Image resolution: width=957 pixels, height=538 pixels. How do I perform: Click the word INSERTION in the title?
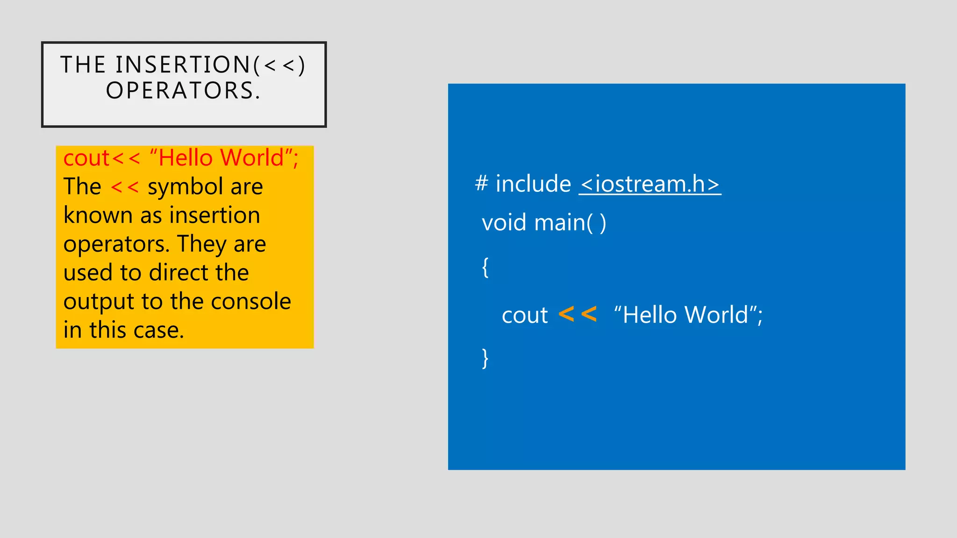click(x=184, y=64)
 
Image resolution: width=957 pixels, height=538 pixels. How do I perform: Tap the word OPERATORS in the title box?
click(x=179, y=91)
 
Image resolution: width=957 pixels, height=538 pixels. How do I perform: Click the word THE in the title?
click(x=83, y=64)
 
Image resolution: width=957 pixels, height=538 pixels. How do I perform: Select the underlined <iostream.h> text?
click(x=650, y=184)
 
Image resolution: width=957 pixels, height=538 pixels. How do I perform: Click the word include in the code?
click(x=533, y=184)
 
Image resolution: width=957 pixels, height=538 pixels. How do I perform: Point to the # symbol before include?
click(x=481, y=183)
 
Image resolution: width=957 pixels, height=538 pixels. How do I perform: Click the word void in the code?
click(x=504, y=223)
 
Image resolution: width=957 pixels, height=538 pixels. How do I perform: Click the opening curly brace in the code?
click(x=486, y=267)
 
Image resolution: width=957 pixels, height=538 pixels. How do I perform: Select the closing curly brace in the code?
click(x=486, y=358)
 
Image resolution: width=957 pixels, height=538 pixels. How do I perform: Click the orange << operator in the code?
click(x=578, y=314)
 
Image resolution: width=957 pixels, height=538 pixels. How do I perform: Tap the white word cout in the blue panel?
click(x=524, y=315)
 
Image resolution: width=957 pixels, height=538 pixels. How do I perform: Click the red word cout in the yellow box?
click(x=86, y=158)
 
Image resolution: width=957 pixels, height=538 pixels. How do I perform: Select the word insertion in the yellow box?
click(x=214, y=216)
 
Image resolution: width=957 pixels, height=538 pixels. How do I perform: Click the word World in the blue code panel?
click(x=717, y=315)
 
